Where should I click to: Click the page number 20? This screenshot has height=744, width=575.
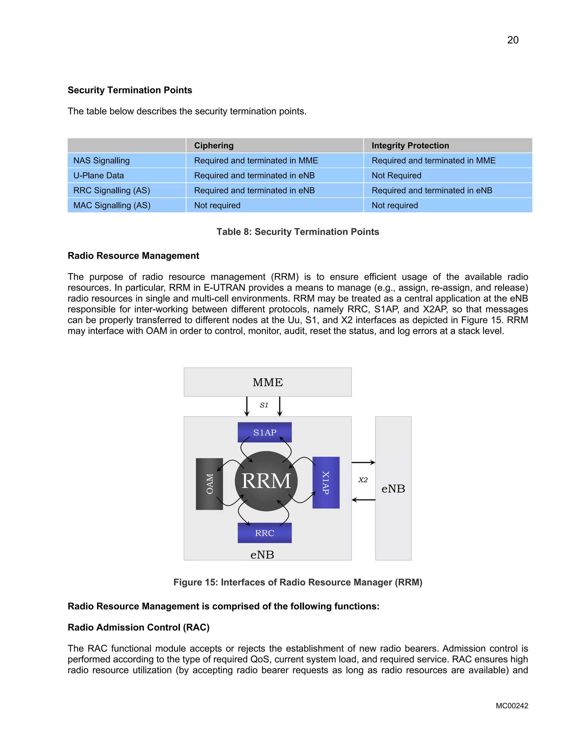(x=512, y=40)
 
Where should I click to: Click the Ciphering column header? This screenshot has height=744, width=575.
(x=214, y=145)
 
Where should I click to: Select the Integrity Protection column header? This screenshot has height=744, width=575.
(x=410, y=145)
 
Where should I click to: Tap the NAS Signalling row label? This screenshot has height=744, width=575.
(x=102, y=160)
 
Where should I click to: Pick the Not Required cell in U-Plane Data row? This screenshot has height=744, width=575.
(x=396, y=175)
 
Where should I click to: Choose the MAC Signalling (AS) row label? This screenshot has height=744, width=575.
(x=112, y=206)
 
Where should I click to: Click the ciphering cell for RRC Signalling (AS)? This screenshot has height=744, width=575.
(x=254, y=190)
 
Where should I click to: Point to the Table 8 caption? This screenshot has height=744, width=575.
(x=297, y=232)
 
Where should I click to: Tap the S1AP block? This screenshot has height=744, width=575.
(x=265, y=432)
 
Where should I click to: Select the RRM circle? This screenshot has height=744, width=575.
(x=266, y=481)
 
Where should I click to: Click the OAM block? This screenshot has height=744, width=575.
(x=209, y=484)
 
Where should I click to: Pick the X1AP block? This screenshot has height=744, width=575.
(x=326, y=482)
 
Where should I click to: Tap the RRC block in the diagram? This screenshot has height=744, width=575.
(x=265, y=533)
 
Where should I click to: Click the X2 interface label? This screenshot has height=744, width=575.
(x=363, y=480)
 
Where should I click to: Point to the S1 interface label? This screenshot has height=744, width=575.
(x=264, y=405)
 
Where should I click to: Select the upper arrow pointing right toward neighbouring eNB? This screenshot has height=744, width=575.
(x=363, y=463)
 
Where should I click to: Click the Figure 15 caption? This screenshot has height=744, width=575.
(x=297, y=582)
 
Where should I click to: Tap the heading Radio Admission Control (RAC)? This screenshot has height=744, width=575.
(x=138, y=627)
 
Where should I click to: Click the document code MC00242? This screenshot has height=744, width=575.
(x=512, y=706)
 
